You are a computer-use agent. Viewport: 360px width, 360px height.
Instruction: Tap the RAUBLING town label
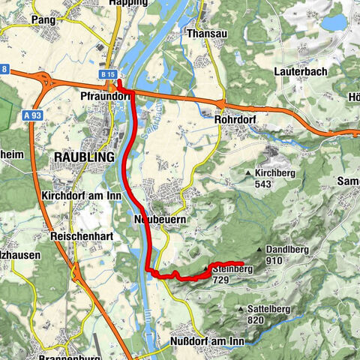point(82,157)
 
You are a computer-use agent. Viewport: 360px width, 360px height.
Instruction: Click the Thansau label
point(207,33)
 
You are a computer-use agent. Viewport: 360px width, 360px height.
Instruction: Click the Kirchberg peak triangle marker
point(249,174)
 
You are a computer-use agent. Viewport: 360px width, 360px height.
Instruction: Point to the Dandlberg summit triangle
point(259,250)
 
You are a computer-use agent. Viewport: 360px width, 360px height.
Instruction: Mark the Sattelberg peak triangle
point(239,308)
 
